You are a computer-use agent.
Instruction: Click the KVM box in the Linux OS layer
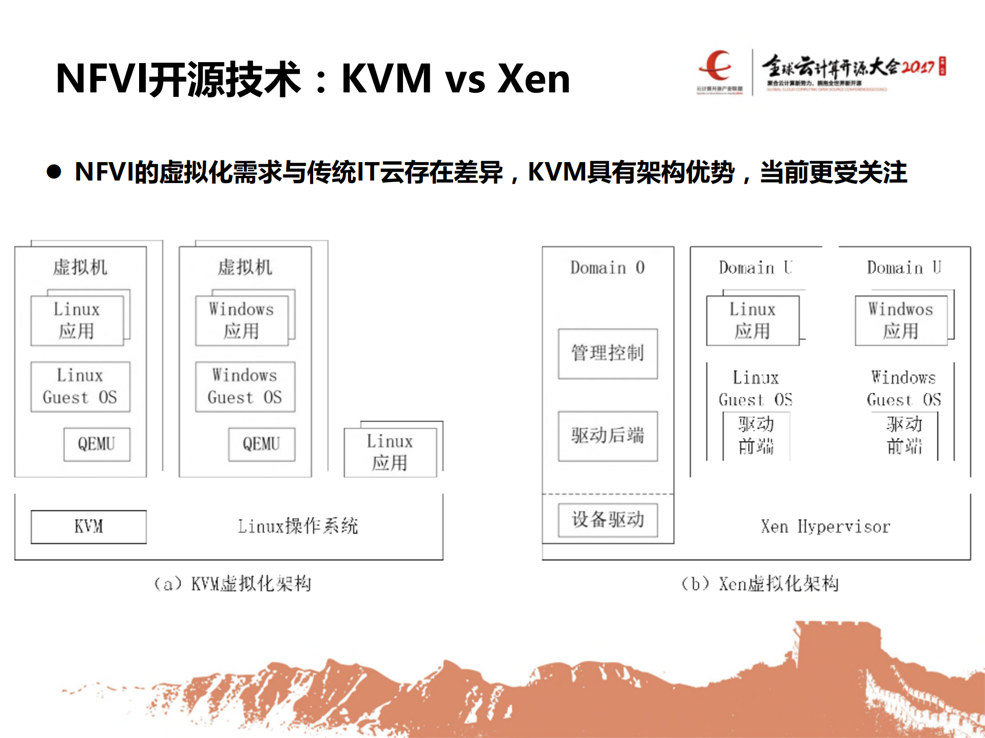pos(88,527)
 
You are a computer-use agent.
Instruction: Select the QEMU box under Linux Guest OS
pos(96,444)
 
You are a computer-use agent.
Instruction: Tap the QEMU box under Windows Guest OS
pos(261,444)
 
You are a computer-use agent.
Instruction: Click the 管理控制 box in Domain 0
pos(608,353)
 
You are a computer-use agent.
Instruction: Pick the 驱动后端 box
pos(608,436)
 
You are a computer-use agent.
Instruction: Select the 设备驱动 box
pos(608,520)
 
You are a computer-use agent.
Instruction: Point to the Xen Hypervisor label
pos(825,527)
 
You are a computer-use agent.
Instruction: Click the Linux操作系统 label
pos(298,526)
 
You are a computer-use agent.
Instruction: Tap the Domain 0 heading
pos(607,268)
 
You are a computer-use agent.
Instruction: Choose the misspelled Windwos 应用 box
pos(901,321)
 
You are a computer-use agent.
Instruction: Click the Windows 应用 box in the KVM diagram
pos(241,321)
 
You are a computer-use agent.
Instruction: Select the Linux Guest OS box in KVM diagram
pos(80,387)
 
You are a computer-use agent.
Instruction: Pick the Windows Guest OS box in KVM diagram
pos(245,387)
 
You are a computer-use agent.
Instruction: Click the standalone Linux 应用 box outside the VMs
pos(390,452)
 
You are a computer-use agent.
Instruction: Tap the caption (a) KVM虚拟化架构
pos(233,584)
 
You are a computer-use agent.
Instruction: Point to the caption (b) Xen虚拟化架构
pos(760,584)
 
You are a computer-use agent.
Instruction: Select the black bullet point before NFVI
pos(54,172)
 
